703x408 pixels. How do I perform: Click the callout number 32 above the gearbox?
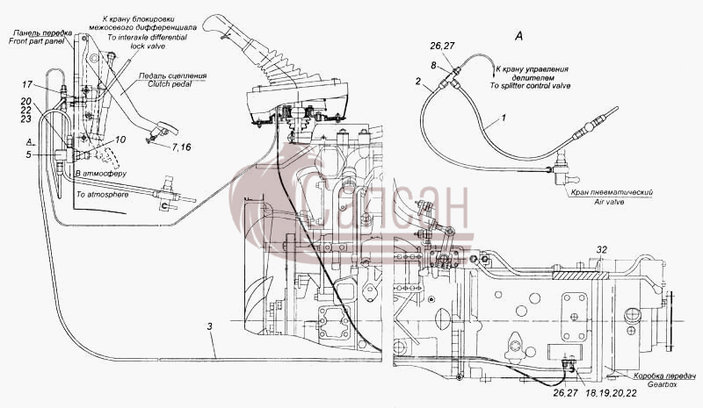602,249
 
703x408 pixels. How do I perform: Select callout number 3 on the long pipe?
209,326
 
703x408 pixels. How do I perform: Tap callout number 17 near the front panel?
27,83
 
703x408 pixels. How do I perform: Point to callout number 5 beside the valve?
28,155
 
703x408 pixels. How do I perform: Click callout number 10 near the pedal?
120,140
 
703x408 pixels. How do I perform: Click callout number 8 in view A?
433,66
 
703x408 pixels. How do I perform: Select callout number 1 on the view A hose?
504,118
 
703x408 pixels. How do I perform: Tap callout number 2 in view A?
418,81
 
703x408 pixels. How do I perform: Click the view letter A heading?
518,36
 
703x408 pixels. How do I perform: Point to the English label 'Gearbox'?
663,384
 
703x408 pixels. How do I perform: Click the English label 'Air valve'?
609,202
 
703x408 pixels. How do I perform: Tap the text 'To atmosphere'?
102,195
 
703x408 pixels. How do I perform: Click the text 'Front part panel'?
36,40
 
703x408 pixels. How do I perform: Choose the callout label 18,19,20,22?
611,393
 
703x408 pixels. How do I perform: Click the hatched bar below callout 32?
581,275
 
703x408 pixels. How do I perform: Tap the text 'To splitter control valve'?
530,85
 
